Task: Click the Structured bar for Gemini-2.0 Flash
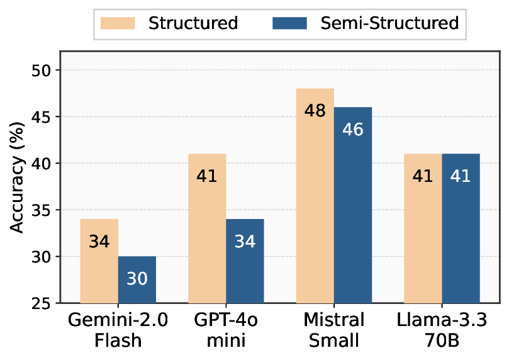coord(99,261)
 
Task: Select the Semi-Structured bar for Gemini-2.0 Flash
coord(137,280)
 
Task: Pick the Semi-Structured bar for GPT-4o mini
coord(245,261)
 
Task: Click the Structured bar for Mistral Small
coord(315,196)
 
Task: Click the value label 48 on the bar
coord(315,111)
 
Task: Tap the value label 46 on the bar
coord(353,130)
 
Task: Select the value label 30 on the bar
coord(137,278)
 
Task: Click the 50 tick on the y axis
coord(43,70)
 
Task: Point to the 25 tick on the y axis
coord(43,304)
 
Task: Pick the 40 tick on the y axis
coord(43,164)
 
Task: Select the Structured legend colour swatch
coord(118,23)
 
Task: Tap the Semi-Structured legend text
coord(389,23)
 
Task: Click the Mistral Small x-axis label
coord(333,331)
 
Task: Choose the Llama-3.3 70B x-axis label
coord(442,331)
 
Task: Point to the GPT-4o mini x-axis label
coord(226,331)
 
